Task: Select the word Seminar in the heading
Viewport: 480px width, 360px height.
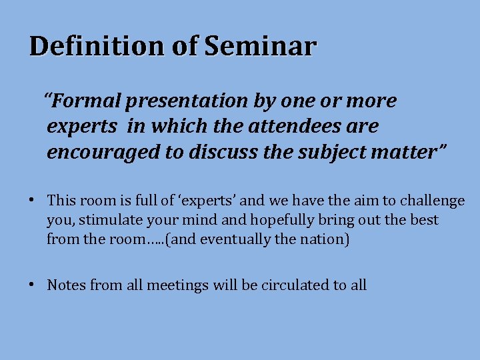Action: coord(260,47)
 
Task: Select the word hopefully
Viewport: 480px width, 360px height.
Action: coord(294,220)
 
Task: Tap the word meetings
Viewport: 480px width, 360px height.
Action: coord(177,285)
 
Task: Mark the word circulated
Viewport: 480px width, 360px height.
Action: coord(295,285)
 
